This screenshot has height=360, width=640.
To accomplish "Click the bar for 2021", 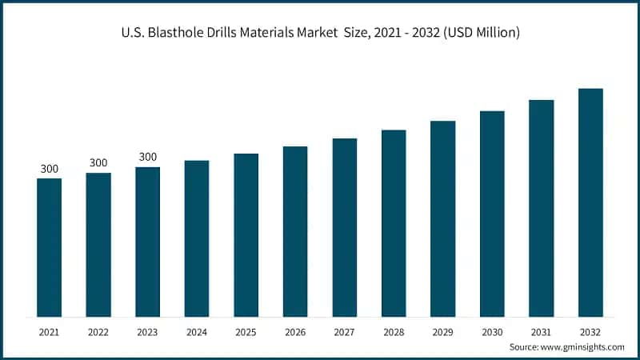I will pos(50,247).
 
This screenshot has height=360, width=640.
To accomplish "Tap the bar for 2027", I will pos(345,227).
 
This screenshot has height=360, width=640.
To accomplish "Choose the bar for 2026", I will pos(295,231).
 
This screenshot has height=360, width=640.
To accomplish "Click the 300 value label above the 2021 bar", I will pos(50,169).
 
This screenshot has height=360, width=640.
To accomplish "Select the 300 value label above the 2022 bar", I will pos(98,163).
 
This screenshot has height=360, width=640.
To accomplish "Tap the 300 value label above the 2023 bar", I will pos(148,157).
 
